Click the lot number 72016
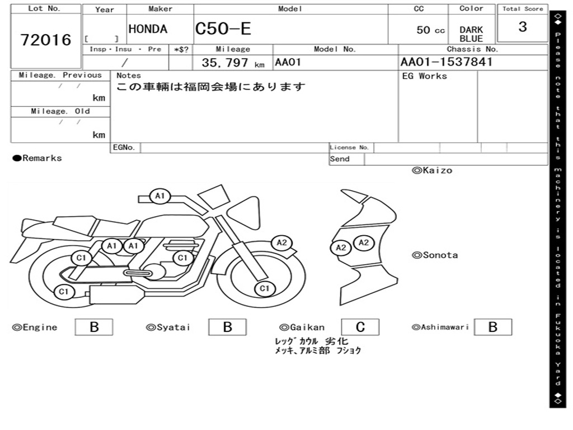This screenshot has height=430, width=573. pyautogui.click(x=46, y=40)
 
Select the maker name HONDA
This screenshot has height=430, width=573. pyautogui.click(x=148, y=29)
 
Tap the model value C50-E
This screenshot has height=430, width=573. pyautogui.click(x=223, y=29)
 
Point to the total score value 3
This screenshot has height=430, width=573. pyautogui.click(x=523, y=27)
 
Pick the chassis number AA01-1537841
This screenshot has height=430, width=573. pyautogui.click(x=447, y=62)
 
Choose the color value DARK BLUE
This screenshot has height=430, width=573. pyautogui.click(x=471, y=34)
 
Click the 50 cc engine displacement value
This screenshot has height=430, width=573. pyautogui.click(x=430, y=30)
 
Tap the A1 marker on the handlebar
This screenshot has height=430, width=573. pyautogui.click(x=160, y=196)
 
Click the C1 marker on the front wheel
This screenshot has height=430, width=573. pyautogui.click(x=264, y=289)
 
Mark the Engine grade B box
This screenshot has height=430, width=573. pyautogui.click(x=94, y=327)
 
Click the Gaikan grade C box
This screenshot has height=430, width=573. pyautogui.click(x=360, y=327)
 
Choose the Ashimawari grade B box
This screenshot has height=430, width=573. pyautogui.click(x=492, y=327)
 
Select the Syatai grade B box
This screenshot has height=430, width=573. pyautogui.click(x=227, y=327)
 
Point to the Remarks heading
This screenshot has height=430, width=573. pyautogui.click(x=37, y=158)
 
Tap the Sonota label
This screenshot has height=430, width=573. pyautogui.click(x=435, y=255)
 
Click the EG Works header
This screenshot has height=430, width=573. pyautogui.click(x=425, y=76)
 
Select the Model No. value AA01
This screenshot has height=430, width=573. pyautogui.click(x=288, y=62)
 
